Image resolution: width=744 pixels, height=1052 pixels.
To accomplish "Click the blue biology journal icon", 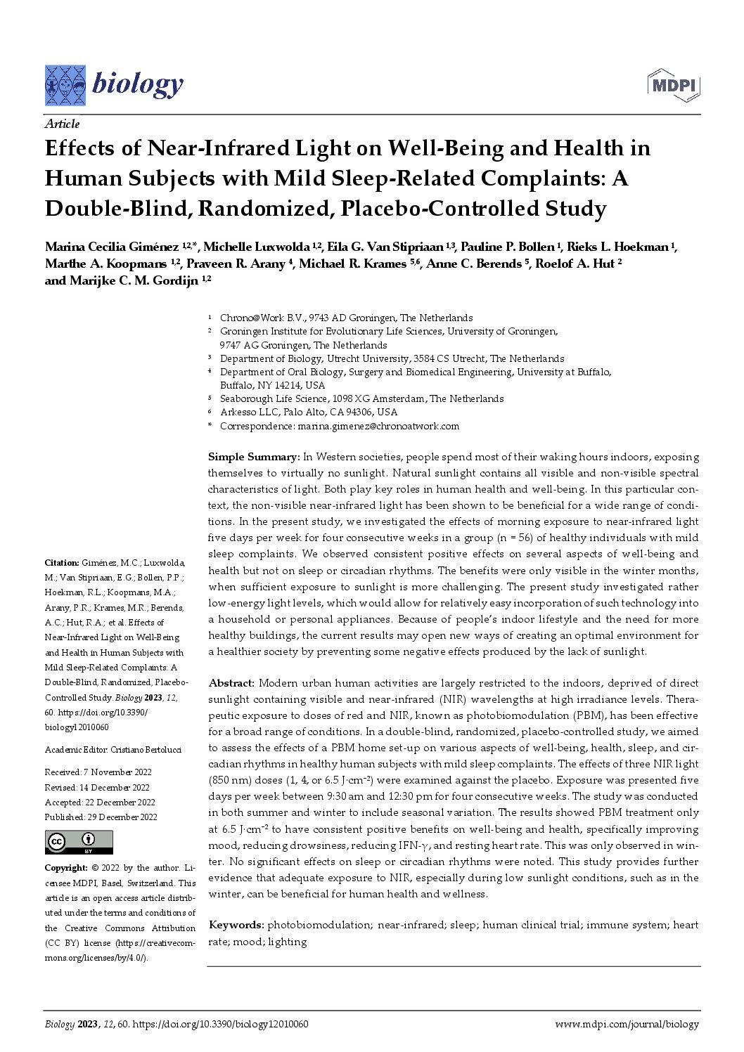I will (65, 85).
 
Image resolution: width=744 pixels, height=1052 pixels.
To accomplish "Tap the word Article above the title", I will (63, 124).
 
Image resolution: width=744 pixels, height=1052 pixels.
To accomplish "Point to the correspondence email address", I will (378, 426).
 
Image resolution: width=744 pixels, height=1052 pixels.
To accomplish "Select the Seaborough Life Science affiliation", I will (361, 398).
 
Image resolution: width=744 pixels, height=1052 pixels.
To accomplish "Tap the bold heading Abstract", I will (231, 683).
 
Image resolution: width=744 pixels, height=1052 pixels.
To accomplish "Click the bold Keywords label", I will (236, 925).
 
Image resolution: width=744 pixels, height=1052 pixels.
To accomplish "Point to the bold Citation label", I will (61, 563).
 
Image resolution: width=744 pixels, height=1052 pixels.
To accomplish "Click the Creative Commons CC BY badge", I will (79, 841).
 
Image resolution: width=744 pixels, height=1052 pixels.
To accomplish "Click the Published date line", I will (101, 817).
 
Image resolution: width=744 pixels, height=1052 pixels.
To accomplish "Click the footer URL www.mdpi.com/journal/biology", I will (627, 1025).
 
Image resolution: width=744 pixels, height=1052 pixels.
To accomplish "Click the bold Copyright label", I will (66, 868).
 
